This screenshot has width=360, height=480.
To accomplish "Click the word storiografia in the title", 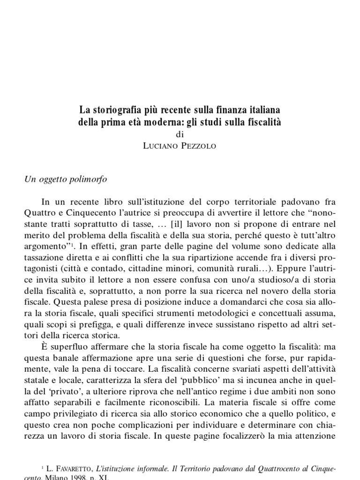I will point(114,111).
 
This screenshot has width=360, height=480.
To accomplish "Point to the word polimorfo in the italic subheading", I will point(96,179).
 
